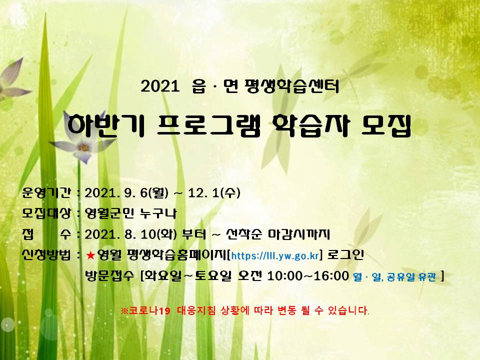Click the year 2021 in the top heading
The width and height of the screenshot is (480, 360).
point(160,86)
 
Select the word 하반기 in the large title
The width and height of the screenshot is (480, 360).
point(105,125)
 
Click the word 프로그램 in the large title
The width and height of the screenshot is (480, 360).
point(208,125)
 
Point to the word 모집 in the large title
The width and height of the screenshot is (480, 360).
point(386,125)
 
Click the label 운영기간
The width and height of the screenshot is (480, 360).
point(46,193)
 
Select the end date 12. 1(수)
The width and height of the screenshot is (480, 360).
point(214,193)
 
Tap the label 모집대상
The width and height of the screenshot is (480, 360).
point(46,213)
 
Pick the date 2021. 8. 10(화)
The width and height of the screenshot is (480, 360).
point(130,234)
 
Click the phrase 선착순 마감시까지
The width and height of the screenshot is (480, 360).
point(277,234)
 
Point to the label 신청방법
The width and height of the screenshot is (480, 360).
point(46,254)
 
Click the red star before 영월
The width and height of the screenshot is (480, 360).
point(90,255)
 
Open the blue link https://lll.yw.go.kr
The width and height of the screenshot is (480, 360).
point(275,255)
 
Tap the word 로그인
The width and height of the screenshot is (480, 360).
point(345,254)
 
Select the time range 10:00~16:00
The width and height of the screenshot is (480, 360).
point(308,275)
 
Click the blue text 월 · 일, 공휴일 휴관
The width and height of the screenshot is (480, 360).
point(394,276)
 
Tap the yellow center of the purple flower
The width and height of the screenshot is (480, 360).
point(83,147)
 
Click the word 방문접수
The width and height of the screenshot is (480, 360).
point(109,275)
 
